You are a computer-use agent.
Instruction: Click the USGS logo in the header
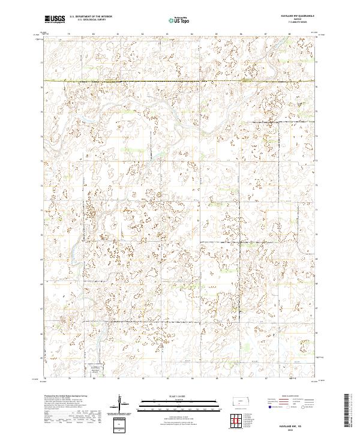point(54,19)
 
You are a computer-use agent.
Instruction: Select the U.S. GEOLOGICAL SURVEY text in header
point(87,21)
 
